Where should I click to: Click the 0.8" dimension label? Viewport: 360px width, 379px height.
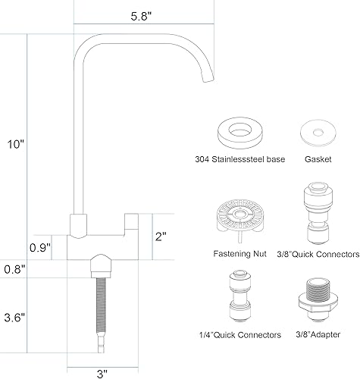pos(14,268)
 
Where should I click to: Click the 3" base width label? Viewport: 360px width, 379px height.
pos(102,372)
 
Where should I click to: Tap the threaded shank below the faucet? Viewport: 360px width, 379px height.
pos(99,311)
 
